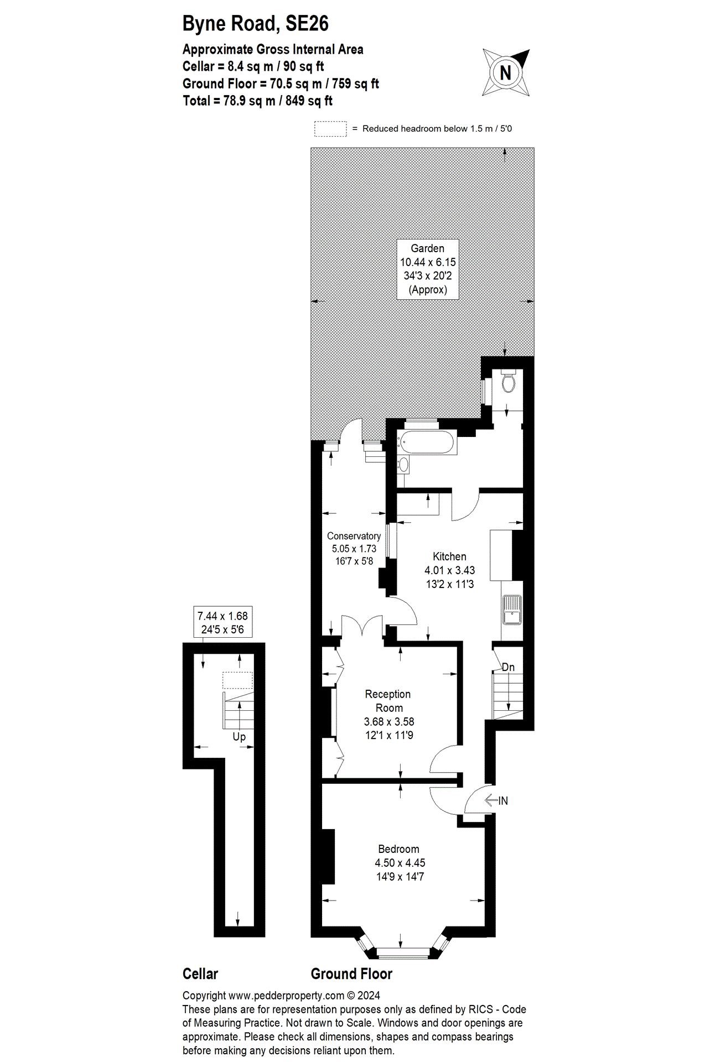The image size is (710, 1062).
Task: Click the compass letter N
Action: click(505, 73)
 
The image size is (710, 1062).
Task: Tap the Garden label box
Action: click(427, 269)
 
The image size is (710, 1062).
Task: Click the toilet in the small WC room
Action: click(508, 382)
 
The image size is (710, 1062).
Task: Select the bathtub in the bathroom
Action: click(427, 442)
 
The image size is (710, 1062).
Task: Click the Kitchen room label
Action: click(449, 556)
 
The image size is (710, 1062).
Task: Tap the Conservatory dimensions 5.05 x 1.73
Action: click(354, 549)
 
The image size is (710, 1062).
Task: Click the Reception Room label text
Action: click(388, 701)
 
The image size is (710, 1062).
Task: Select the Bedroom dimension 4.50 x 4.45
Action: click(400, 863)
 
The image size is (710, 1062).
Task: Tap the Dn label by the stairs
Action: click(508, 668)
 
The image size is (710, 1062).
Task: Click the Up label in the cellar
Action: click(239, 737)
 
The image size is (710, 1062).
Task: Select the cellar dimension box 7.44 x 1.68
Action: click(222, 622)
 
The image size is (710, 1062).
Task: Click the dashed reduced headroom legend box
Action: click(330, 129)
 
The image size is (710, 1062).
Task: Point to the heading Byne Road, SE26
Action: click(255, 24)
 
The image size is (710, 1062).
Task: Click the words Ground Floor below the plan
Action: click(351, 973)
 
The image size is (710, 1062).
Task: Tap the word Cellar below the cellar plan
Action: click(200, 973)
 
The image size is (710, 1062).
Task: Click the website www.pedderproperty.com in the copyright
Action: click(286, 996)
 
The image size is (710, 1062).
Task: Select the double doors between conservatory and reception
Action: click(362, 627)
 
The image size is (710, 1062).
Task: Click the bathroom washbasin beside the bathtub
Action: click(404, 465)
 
